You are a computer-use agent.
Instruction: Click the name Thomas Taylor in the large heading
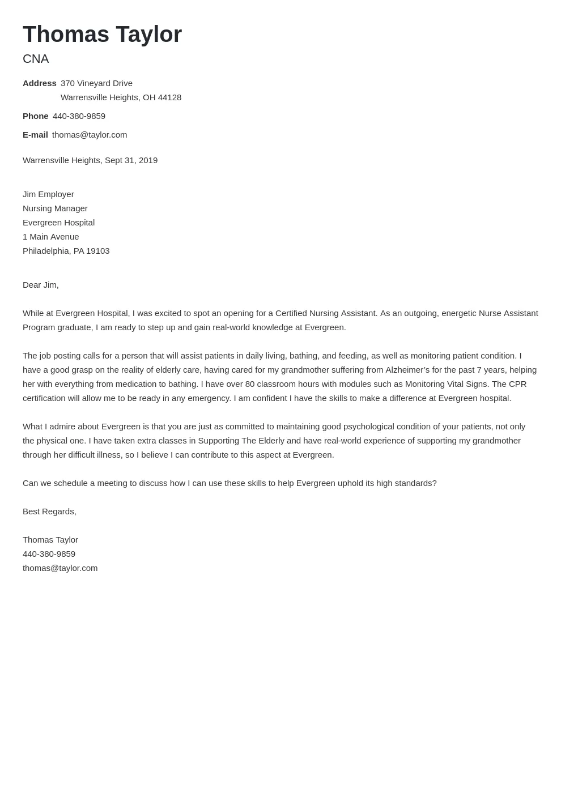point(102,35)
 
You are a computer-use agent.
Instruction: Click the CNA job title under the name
point(36,59)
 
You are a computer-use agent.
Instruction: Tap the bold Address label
point(39,83)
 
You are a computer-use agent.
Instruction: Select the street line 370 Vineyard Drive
point(96,83)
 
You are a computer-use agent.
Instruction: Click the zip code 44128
point(169,97)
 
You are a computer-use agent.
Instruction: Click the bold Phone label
point(35,116)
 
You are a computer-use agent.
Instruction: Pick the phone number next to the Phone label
point(79,116)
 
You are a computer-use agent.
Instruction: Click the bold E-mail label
point(35,135)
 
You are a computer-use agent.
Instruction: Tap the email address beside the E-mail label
point(90,135)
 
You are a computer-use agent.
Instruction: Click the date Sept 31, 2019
point(131,160)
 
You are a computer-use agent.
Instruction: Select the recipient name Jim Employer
point(48,194)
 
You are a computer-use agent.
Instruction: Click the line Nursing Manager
point(55,208)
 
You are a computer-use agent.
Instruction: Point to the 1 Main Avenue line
point(50,237)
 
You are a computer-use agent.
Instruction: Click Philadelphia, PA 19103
point(66,251)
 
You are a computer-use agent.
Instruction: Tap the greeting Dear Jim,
point(40,285)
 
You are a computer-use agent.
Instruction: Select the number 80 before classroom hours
point(250,384)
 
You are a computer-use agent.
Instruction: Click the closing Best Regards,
point(49,511)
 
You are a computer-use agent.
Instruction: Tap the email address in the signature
point(60,568)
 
